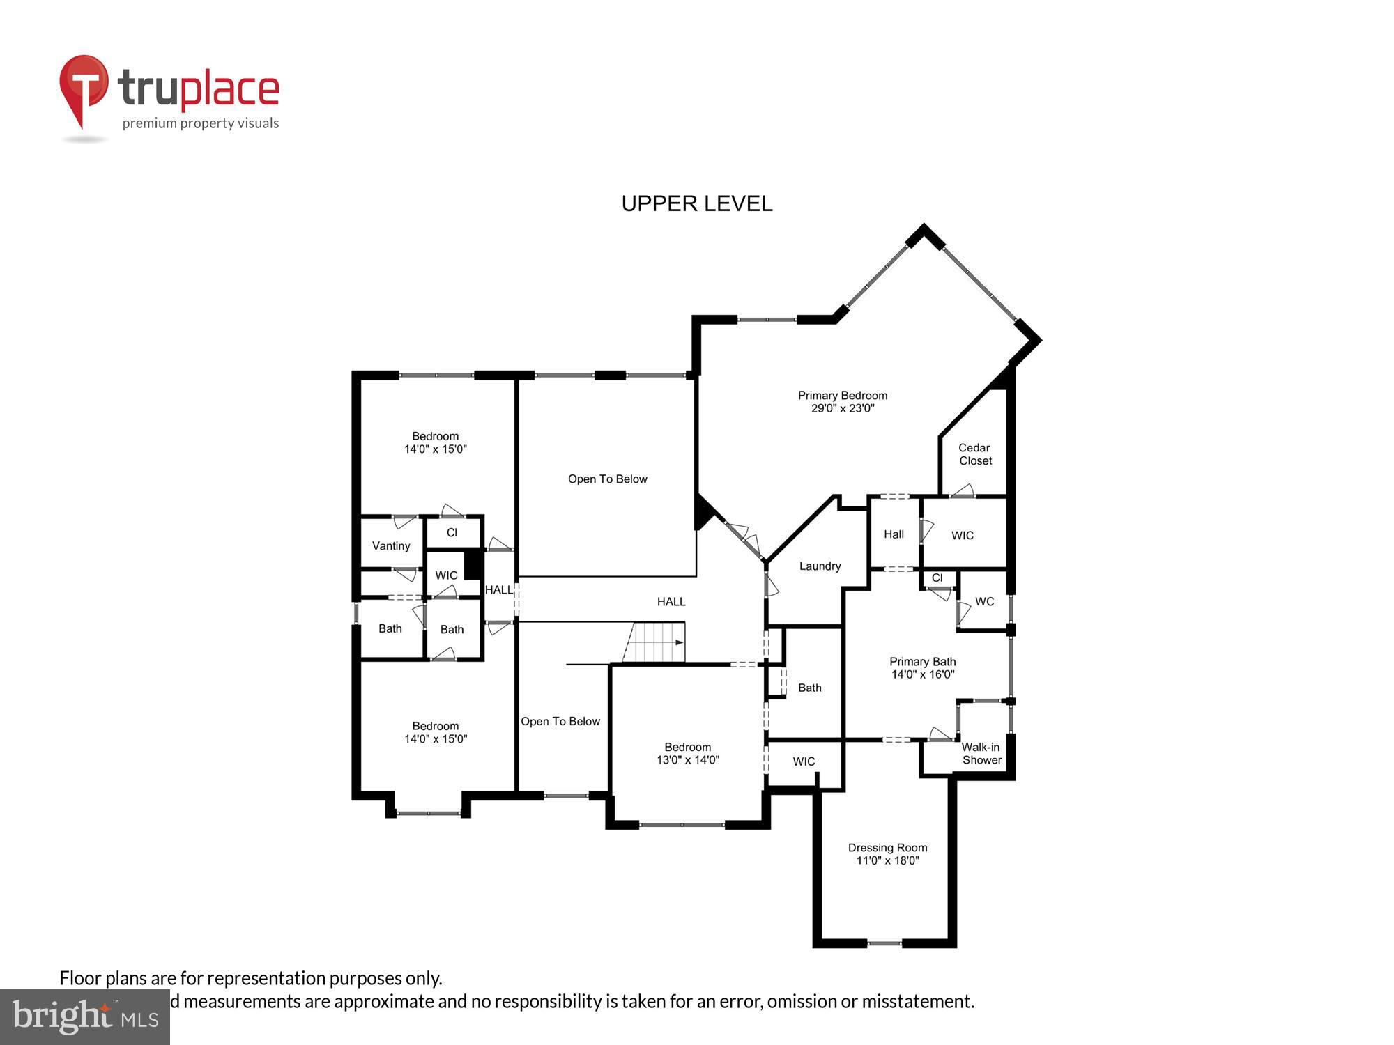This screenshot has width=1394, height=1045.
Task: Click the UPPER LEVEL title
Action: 696,203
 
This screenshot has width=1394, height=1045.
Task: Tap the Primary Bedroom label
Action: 843,395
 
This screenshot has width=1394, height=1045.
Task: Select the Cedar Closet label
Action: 974,454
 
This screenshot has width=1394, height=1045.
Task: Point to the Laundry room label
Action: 820,566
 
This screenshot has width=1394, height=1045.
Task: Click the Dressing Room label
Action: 887,847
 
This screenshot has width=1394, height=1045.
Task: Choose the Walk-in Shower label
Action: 981,753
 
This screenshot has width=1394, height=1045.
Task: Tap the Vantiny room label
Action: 391,545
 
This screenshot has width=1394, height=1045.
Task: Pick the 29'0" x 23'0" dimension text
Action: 843,408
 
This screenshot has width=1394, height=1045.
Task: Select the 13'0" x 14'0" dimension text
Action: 688,759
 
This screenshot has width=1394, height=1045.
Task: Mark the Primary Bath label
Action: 922,661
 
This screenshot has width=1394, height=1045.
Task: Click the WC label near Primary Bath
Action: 984,601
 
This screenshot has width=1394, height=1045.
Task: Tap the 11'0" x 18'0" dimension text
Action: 887,860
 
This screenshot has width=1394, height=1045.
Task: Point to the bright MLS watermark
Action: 84,1016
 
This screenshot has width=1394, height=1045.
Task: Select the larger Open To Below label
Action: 607,479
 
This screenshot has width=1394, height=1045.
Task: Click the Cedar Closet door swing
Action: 963,490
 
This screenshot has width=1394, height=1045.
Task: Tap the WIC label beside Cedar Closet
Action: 962,535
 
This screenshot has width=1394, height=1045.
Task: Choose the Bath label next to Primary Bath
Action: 809,688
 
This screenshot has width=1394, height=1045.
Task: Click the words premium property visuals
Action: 201,123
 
